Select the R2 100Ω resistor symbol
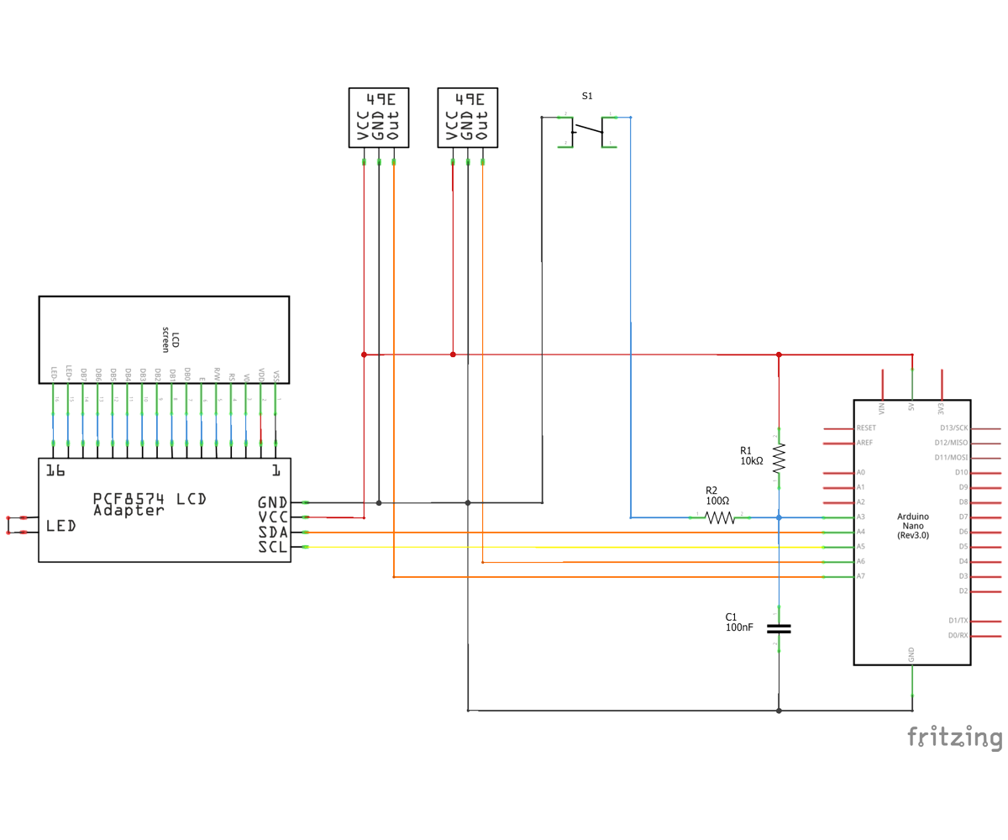point(720,517)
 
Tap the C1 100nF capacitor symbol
point(779,627)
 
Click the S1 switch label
point(587,97)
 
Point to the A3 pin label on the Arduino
point(861,517)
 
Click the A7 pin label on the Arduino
point(861,576)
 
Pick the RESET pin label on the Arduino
point(866,428)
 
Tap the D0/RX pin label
point(958,635)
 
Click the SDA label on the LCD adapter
point(273,533)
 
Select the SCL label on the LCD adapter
point(273,548)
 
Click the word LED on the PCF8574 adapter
point(61,526)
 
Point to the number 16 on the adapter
point(55,470)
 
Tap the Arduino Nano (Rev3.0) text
point(912,525)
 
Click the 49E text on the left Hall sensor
point(379,98)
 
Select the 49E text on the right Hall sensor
point(468,98)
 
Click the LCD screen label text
point(171,339)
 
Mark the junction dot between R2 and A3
point(779,517)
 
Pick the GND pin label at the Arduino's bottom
point(912,653)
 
